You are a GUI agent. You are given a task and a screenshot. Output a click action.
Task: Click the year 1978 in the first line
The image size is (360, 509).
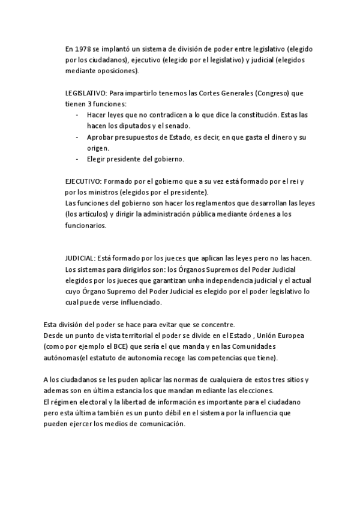coord(83,49)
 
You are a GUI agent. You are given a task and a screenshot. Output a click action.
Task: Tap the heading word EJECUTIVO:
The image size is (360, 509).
coord(83,181)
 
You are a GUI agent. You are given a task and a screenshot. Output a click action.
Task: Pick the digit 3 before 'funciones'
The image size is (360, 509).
coord(88,104)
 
